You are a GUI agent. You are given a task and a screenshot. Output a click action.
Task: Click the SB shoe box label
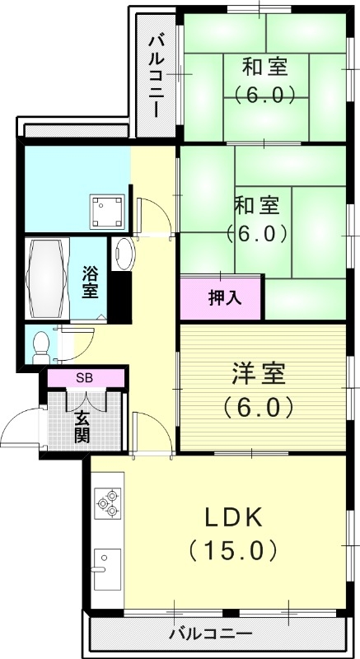84,378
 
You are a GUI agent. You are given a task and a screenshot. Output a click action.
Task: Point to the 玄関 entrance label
82,426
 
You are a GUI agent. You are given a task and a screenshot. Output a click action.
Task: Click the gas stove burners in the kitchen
107,502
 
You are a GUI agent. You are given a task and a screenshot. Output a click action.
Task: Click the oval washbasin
124,253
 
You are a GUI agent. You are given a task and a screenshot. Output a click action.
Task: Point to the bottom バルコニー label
210,633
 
